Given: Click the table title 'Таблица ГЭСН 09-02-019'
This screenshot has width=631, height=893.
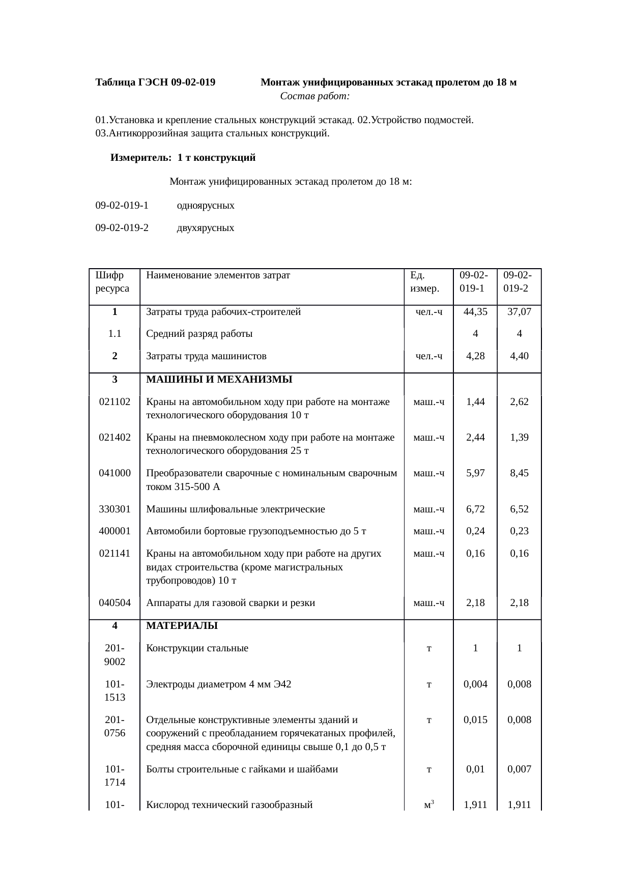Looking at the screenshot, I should point(155,82).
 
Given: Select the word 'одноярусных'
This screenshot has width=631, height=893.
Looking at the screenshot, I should point(206,206).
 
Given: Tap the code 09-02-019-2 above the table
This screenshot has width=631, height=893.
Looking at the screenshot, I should point(122,228).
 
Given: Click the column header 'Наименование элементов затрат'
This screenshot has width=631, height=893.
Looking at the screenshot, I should point(218,276).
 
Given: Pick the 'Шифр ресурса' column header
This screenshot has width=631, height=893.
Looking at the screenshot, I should point(112,282).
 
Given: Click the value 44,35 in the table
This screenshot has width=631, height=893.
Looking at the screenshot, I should point(475,312).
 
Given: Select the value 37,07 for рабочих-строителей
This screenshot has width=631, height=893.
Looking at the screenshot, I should point(519,312).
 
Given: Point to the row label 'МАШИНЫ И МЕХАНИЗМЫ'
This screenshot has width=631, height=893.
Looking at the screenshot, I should point(219,380).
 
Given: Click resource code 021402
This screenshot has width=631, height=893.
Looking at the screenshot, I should point(115,437).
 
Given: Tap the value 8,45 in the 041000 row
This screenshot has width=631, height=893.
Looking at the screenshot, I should point(519,473).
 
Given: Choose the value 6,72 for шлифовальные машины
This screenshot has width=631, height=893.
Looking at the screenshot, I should point(475,509).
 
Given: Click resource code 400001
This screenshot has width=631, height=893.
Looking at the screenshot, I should point(115,531).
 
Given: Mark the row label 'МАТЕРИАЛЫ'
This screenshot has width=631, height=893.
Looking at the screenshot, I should point(182,626).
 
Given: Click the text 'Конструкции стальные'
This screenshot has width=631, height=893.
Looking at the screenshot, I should point(197,648).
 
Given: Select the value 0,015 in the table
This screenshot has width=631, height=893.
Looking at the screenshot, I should point(475,720).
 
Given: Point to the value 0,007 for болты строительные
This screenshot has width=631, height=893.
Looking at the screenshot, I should point(519,769).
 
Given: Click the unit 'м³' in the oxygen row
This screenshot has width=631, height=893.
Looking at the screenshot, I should point(429,805).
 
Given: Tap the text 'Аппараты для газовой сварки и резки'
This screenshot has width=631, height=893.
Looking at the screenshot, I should point(231,603).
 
